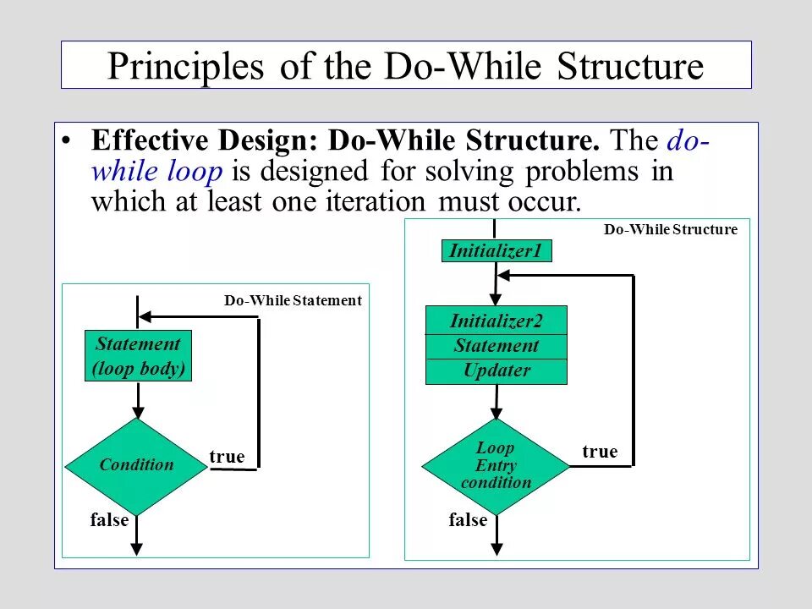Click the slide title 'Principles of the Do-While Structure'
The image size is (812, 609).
(x=406, y=66)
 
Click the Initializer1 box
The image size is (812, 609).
(x=497, y=251)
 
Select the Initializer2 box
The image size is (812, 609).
(x=496, y=321)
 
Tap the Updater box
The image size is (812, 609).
(x=496, y=371)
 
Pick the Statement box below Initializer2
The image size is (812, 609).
(x=496, y=346)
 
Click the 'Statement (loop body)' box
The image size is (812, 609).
(x=138, y=356)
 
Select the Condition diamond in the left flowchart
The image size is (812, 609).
(x=136, y=465)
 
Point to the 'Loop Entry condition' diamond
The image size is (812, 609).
(x=496, y=466)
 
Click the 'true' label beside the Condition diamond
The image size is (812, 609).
(x=227, y=458)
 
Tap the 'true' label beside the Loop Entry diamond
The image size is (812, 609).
(x=600, y=452)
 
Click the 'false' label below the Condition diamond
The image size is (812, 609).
(x=109, y=520)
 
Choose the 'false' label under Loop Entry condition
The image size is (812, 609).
(x=468, y=520)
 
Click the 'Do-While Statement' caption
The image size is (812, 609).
(x=293, y=300)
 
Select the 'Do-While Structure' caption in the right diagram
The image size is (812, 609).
(x=670, y=230)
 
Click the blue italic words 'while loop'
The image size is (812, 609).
(x=156, y=172)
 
